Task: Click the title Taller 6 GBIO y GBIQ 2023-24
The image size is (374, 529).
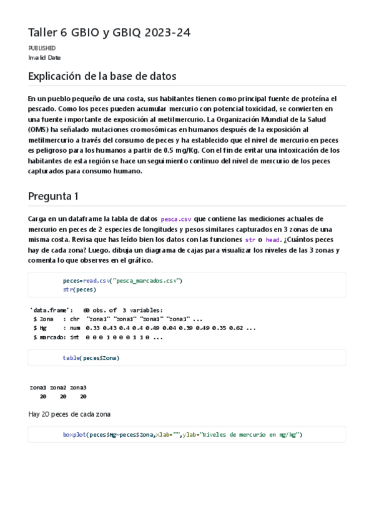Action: point(109,32)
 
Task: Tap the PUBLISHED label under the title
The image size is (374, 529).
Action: point(42,48)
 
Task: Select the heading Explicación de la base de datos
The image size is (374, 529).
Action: point(102,77)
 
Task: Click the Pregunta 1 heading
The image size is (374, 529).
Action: point(53,196)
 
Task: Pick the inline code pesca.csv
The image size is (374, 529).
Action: point(175,219)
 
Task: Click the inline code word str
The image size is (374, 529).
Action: point(250,240)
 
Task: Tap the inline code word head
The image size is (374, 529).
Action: point(272,240)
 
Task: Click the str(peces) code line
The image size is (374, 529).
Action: point(79,289)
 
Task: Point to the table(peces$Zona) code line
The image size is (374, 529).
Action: point(91,358)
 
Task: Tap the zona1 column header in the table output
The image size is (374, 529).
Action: point(38,387)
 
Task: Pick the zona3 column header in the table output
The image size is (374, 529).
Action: point(78,387)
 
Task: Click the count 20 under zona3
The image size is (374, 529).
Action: point(83,396)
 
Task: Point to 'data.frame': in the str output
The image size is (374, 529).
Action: point(51,310)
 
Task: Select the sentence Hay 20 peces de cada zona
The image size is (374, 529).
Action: point(70,414)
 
